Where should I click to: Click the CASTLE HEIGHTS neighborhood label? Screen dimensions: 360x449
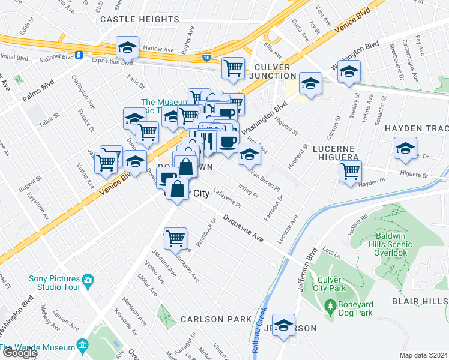[139, 19]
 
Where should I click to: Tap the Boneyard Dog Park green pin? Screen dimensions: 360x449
[330, 307]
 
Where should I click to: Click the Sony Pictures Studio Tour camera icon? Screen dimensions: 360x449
[88, 280]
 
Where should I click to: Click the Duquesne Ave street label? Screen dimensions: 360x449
[244, 229]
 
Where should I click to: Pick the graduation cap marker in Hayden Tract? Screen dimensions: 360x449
[405, 148]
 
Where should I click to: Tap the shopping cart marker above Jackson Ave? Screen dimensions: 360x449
[175, 238]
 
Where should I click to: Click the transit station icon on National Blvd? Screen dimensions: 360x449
[79, 55]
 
